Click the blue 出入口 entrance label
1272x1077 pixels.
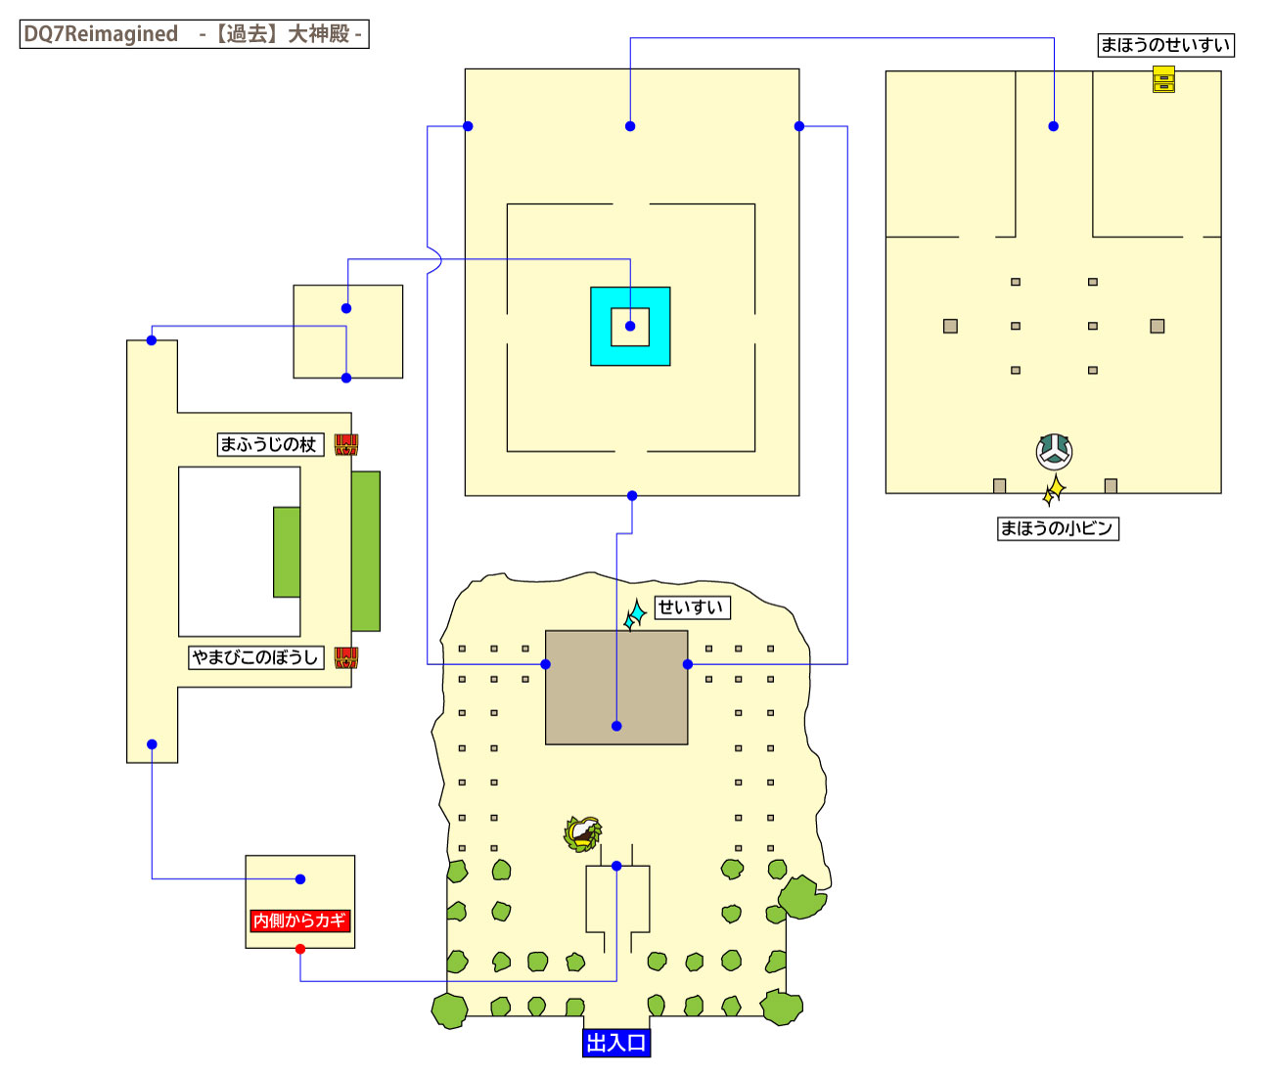[x=615, y=1043]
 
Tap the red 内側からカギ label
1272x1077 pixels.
[x=299, y=920]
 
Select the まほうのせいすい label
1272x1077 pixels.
[x=1164, y=45]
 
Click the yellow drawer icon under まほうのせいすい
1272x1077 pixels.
[x=1163, y=79]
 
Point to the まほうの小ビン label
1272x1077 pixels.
[x=1057, y=528]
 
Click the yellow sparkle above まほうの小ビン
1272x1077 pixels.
[x=1054, y=490]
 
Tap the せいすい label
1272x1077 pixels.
[x=691, y=607]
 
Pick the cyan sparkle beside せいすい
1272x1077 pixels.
[x=636, y=614]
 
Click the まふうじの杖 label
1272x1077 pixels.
[x=268, y=445]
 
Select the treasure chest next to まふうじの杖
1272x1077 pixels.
[x=346, y=445]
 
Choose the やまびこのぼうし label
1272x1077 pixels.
[x=255, y=657]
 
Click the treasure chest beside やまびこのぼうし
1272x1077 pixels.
[x=346, y=657]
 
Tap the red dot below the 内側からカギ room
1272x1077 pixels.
[x=300, y=949]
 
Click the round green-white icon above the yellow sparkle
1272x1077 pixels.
[x=1054, y=451]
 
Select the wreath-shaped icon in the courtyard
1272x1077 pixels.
[x=583, y=833]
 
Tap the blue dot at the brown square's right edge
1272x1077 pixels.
[x=688, y=664]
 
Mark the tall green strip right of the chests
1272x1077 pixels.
[x=366, y=551]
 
